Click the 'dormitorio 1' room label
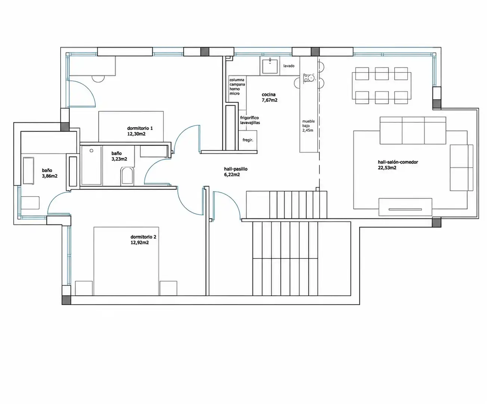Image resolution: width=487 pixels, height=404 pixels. point(140,128)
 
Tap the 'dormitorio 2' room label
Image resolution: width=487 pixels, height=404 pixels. point(143,237)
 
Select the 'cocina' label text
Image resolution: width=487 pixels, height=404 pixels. point(269,95)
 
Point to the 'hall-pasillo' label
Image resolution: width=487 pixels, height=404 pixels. point(236,169)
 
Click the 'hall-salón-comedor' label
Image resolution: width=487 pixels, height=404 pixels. point(398,162)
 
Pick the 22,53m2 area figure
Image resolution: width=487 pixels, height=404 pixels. point(387,168)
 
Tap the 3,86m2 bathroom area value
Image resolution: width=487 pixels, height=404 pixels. point(50,176)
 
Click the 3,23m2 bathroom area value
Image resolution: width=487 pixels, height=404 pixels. point(119,159)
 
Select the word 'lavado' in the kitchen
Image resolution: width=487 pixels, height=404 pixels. point(289,66)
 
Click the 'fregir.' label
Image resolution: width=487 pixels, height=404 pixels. point(248,140)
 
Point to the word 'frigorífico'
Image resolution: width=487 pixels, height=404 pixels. point(249,118)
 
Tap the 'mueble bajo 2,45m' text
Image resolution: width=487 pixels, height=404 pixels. point(308,126)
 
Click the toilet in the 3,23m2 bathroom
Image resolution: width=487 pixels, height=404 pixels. point(127,176)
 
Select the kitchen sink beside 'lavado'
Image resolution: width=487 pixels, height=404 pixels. point(270,66)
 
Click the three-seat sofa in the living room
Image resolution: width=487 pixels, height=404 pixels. point(413,131)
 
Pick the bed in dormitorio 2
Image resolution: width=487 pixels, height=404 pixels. point(126,261)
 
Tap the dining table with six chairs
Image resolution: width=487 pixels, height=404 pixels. point(382,86)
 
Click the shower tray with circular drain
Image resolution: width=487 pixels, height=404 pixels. point(91,165)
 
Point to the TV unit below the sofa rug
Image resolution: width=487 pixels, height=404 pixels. point(405,207)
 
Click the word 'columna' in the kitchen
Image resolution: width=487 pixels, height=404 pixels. point(237,80)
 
